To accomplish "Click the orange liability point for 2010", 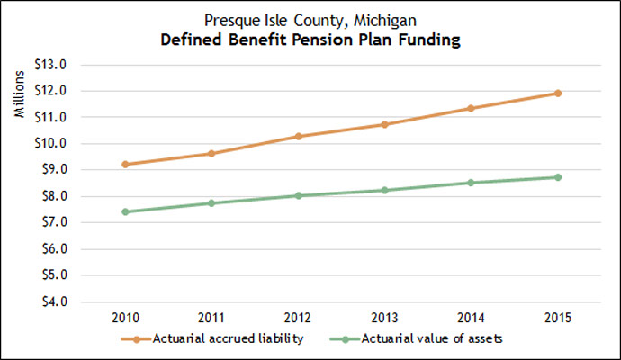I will [x=126, y=165].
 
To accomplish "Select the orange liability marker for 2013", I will [x=384, y=124].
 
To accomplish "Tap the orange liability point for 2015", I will [x=558, y=94].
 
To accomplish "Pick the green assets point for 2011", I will [x=212, y=203].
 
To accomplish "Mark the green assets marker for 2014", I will [x=471, y=183].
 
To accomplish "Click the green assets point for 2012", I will [x=299, y=195].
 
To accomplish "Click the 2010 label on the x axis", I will [x=126, y=318].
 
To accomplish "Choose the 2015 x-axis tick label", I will [x=558, y=318].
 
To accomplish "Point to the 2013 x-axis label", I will [x=384, y=318].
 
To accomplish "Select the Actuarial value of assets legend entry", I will [x=424, y=339].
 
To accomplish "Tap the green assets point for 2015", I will [x=558, y=177].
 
